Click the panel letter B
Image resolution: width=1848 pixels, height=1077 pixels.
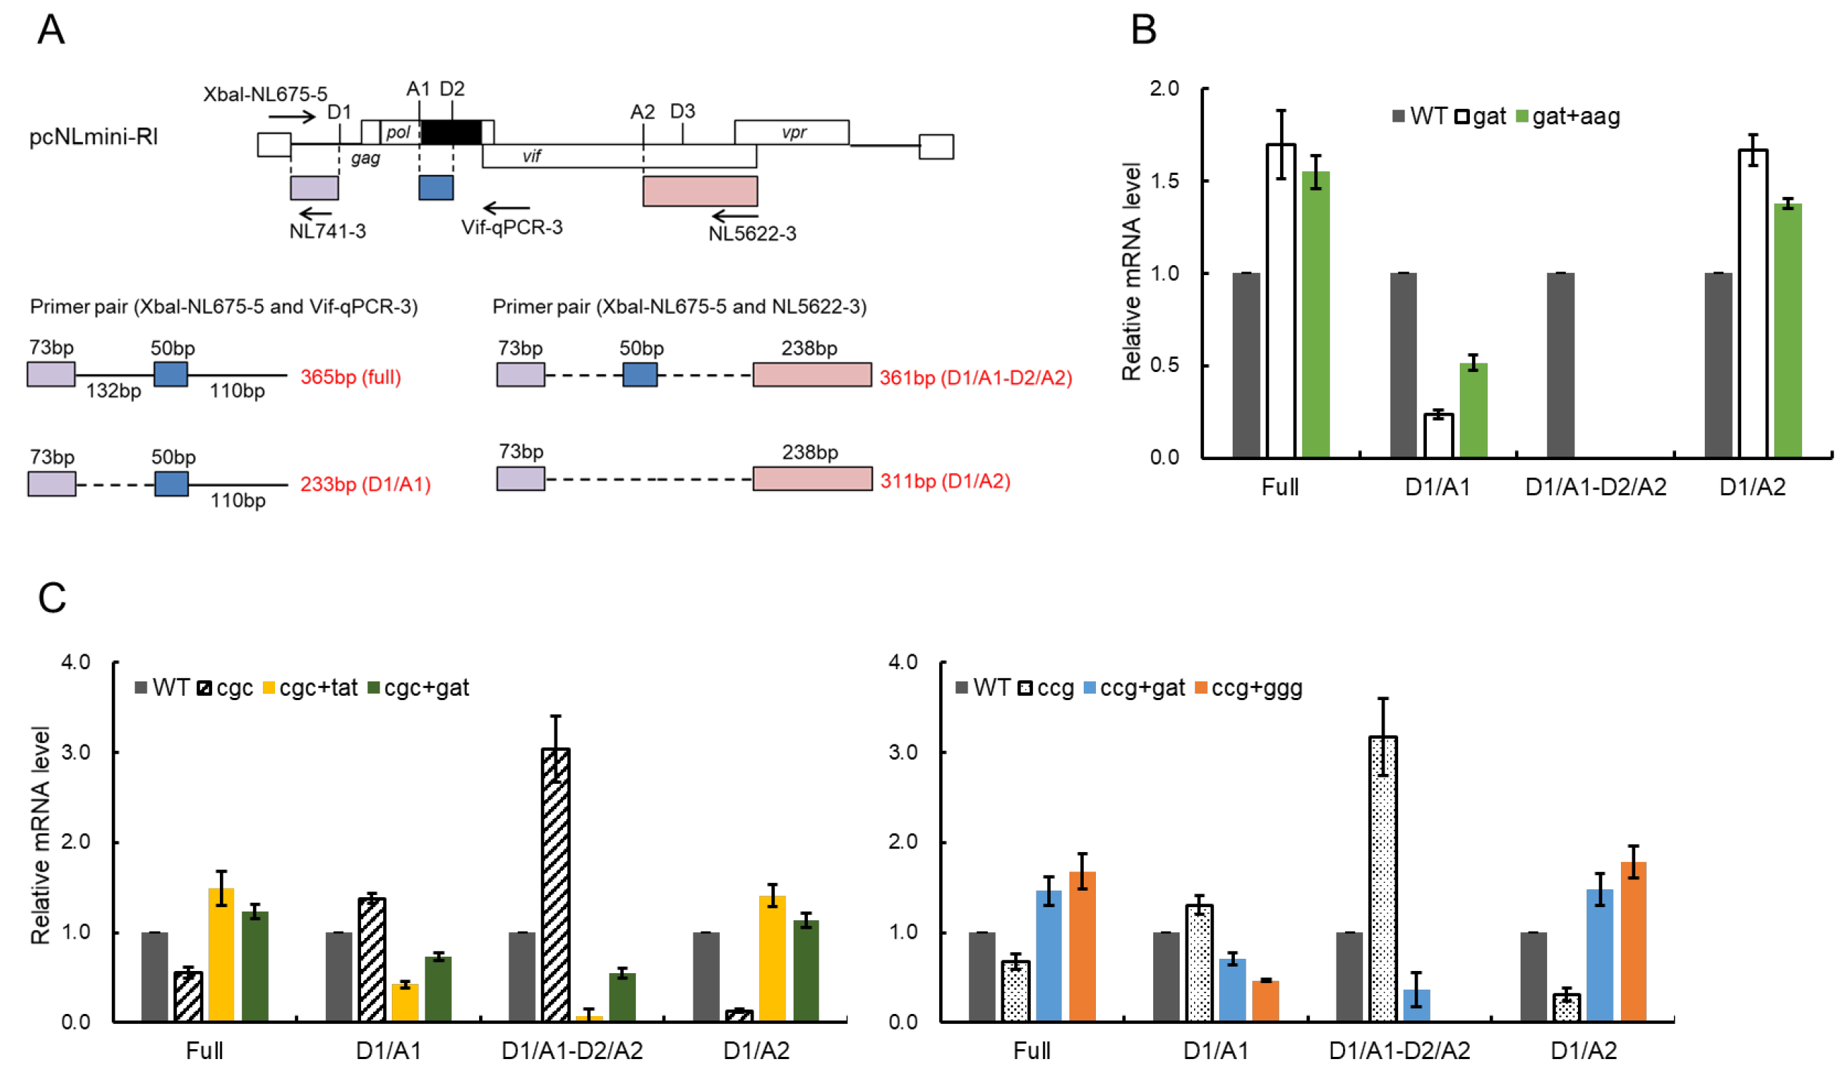(1143, 31)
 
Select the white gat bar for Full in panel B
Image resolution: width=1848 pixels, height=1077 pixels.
(1281, 301)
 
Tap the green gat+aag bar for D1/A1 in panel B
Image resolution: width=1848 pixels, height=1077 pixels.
(1473, 410)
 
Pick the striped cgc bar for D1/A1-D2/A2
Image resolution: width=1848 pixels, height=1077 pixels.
(555, 884)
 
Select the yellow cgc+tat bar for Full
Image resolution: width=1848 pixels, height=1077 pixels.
(221, 954)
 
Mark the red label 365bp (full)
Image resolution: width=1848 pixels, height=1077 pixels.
(350, 377)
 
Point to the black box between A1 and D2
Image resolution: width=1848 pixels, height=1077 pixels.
(451, 132)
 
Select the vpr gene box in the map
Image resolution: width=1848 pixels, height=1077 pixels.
(791, 132)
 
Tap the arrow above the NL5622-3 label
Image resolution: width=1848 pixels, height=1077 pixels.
(735, 216)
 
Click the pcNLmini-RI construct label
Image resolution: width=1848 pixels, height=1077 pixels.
(93, 137)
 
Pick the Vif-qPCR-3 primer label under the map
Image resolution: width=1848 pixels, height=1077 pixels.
(512, 227)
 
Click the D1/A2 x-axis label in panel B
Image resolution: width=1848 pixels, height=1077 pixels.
(1752, 487)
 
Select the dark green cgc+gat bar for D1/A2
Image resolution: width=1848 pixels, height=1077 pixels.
(805, 970)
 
